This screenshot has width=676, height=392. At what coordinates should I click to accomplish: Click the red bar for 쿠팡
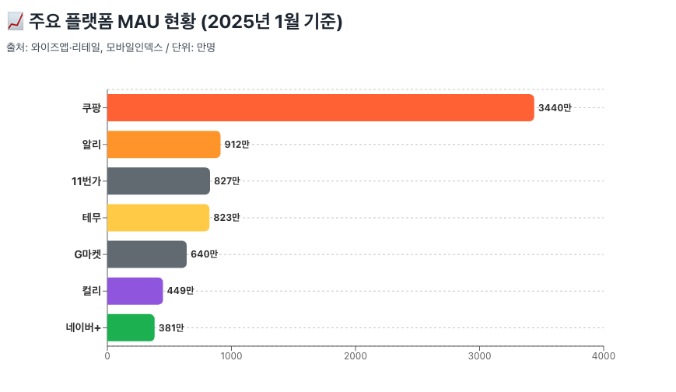click(320, 107)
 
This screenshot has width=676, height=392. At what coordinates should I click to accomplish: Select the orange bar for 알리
click(163, 144)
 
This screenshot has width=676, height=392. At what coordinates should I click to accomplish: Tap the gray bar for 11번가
click(158, 180)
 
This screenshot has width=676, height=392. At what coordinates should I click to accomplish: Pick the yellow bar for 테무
click(158, 217)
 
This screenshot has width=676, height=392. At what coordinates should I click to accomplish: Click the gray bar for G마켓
click(146, 254)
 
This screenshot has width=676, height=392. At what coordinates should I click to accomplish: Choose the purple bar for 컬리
click(135, 291)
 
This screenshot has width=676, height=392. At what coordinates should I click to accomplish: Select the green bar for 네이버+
click(131, 327)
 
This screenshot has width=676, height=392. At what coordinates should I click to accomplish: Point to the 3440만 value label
click(555, 108)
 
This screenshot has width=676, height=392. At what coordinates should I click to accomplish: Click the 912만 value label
click(237, 145)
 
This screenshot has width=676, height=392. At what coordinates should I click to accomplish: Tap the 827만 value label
click(227, 181)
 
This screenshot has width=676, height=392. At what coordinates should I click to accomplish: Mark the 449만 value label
click(180, 291)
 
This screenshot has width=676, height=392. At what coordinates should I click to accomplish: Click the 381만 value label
click(171, 328)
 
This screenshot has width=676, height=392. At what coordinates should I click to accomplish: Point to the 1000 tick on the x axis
click(231, 356)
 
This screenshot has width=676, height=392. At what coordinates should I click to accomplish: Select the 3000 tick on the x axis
click(479, 356)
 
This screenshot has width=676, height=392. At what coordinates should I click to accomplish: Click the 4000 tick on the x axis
click(603, 356)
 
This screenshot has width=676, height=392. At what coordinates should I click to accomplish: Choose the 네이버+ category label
click(84, 327)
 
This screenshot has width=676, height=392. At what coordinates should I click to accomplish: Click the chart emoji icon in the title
click(14, 23)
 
